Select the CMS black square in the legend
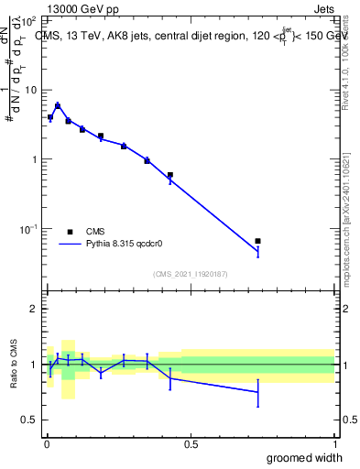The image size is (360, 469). [71, 232]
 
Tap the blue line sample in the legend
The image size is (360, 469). [71, 245]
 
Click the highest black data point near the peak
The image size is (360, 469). [58, 106]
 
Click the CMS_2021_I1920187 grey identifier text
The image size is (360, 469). [190, 273]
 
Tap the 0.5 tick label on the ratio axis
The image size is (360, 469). [30, 420]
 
